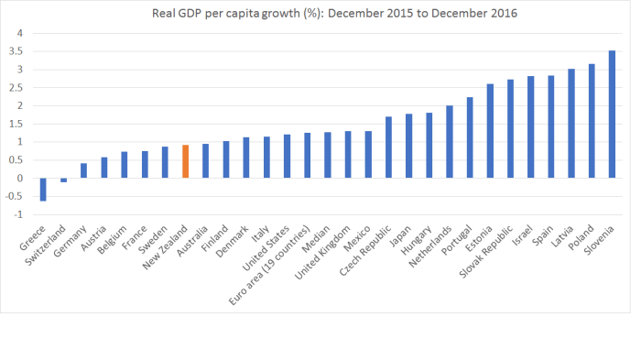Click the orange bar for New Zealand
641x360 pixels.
pos(185,161)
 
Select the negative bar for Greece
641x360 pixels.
pos(43,189)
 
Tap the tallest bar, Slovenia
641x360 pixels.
pos(611,115)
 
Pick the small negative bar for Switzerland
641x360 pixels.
pos(63,180)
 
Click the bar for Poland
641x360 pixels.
pos(591,121)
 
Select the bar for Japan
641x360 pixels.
pos(408,146)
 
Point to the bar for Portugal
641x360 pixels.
pos(469,137)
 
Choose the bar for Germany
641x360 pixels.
pos(83,170)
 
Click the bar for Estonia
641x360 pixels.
pos(490,131)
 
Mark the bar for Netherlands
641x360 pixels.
pos(449,142)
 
